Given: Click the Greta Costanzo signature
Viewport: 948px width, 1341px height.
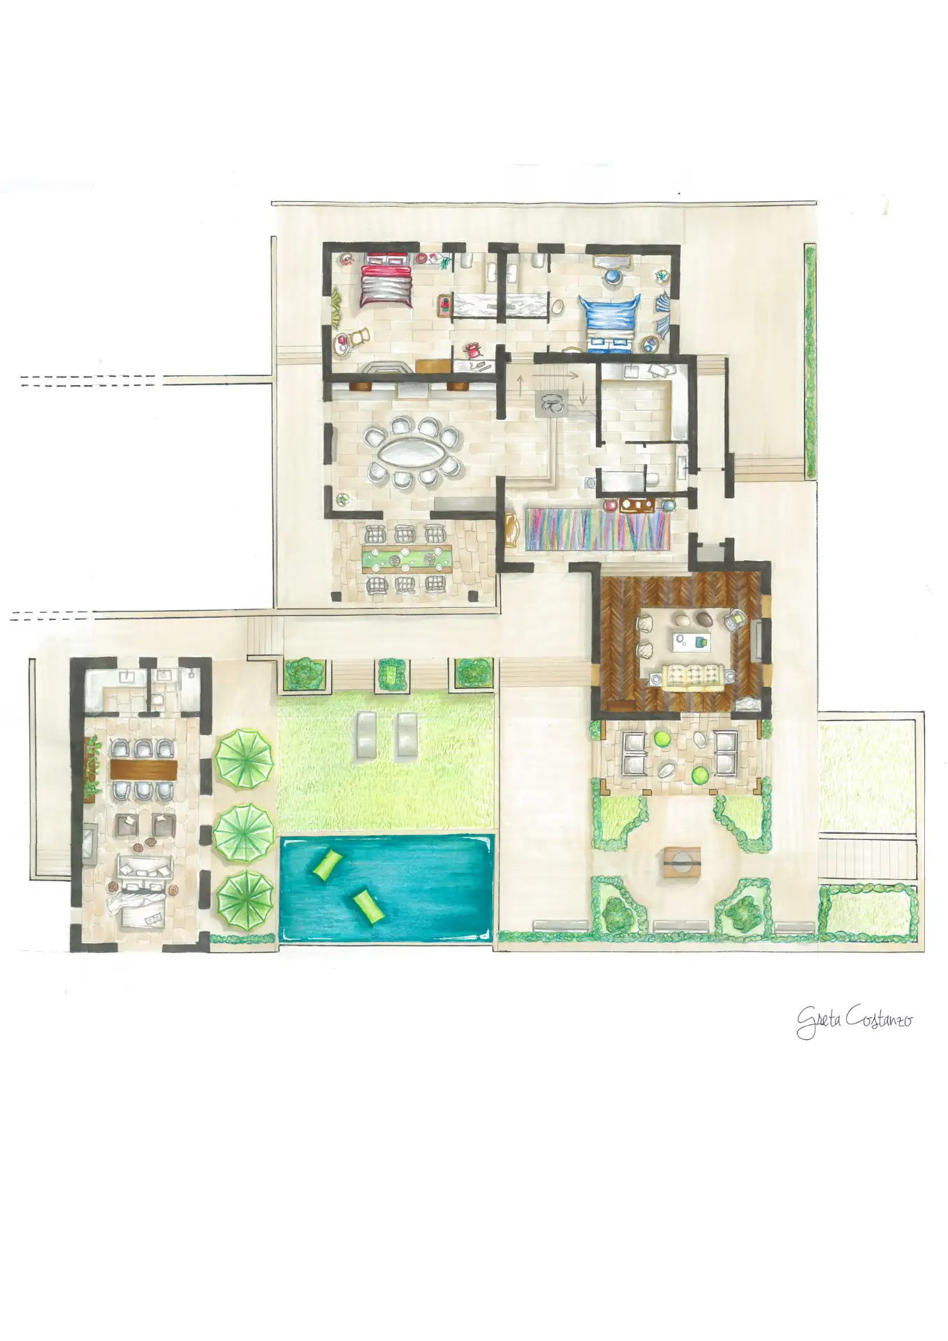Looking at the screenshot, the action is pyautogui.click(x=854, y=1020).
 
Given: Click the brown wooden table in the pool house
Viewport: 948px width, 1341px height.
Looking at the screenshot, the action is pyautogui.click(x=144, y=769).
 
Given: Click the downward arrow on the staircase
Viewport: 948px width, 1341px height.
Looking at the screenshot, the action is pyautogui.click(x=584, y=396).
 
